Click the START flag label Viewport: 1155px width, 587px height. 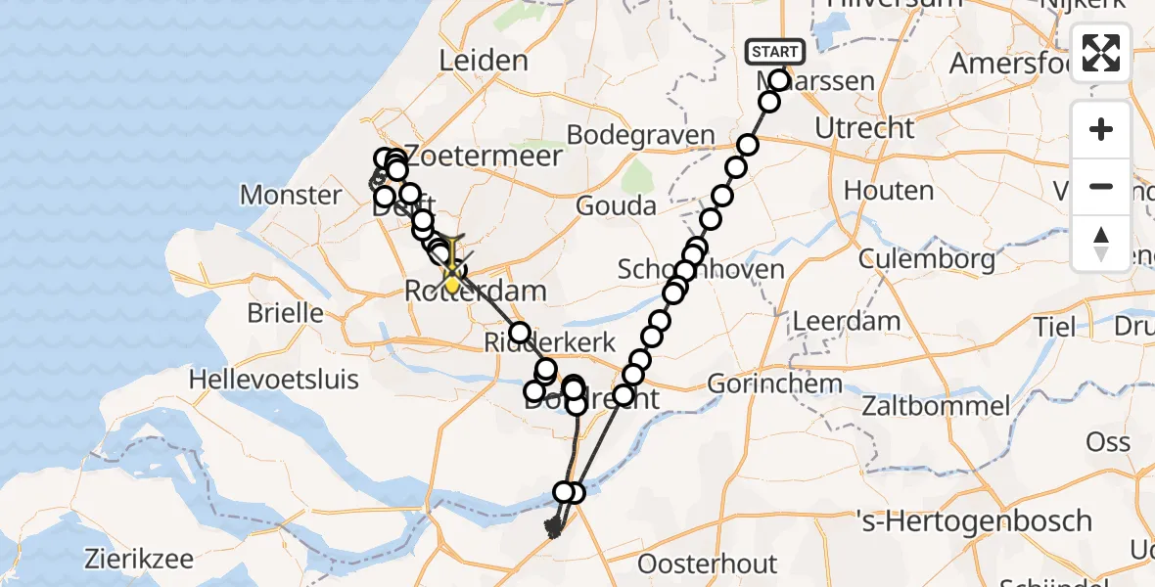pos(775,52)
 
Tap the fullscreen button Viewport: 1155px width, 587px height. pos(1101,53)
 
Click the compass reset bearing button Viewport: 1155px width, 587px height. pos(1101,243)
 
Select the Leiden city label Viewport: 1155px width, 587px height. pos(484,61)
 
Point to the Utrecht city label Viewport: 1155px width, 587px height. pos(865,128)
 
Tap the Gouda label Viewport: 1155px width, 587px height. pos(616,206)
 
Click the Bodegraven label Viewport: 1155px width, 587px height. pos(641,136)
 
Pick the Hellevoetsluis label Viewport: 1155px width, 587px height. pos(275,379)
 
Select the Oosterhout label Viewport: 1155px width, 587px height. pos(708,564)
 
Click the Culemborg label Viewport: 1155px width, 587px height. pos(927,259)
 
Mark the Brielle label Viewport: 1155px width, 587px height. pos(285,313)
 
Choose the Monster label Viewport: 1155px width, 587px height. pos(291,195)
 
